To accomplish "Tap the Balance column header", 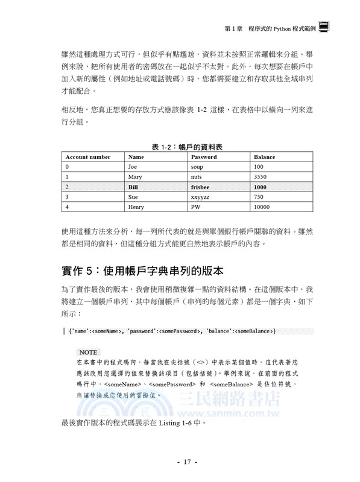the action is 265,157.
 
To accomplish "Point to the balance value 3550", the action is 261,177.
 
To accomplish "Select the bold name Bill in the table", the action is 133,187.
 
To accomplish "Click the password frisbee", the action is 201,187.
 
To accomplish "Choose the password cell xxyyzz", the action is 201,197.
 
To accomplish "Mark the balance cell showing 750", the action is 259,197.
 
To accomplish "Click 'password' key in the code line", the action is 142,331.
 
